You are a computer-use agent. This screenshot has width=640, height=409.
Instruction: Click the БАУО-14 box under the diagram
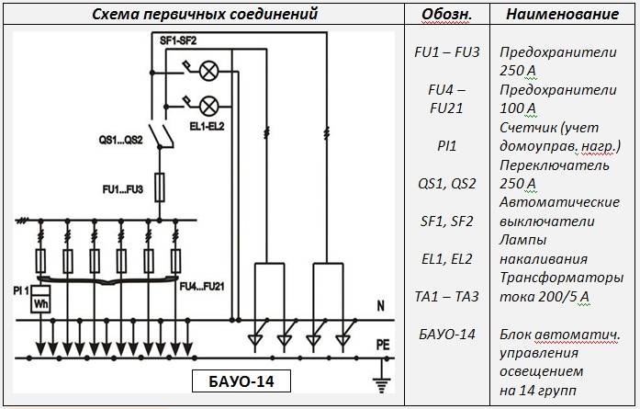[x=241, y=381]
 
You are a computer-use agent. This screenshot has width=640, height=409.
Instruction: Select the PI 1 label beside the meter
[x=21, y=291]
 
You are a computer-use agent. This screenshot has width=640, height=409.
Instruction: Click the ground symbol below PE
[x=382, y=380]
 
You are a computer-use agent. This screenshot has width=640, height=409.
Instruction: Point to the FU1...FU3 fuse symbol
[x=160, y=187]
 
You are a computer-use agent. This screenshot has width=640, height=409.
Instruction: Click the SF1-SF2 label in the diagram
[x=178, y=40]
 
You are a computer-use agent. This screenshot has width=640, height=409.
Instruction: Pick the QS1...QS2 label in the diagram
[x=121, y=140]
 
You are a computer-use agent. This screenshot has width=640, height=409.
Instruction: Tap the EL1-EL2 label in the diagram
[x=207, y=126]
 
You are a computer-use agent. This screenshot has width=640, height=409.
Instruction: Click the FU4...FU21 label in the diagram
[x=202, y=287]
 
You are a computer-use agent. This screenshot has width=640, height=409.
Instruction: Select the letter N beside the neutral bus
[x=381, y=306]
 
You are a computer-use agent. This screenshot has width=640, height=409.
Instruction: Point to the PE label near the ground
[x=383, y=345]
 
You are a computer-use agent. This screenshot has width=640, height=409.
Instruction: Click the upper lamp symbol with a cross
[x=209, y=72]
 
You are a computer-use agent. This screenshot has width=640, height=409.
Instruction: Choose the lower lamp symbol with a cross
[x=209, y=107]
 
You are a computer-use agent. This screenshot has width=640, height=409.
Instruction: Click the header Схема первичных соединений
[x=205, y=14]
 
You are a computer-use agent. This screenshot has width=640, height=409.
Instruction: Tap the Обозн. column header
[x=446, y=15]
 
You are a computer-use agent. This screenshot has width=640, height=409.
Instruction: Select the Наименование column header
[x=563, y=15]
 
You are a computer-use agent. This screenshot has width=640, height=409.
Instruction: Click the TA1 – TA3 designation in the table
[x=446, y=296]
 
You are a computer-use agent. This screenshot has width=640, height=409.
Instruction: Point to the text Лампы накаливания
[x=544, y=249]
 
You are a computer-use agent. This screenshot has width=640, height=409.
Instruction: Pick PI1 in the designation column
[x=446, y=146]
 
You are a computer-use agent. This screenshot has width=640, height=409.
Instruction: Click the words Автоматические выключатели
[x=559, y=211]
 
